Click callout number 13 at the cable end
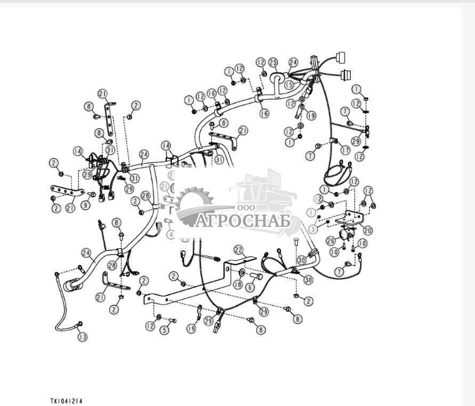82,337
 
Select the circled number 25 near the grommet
273,62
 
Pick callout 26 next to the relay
331,241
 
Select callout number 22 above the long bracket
238,250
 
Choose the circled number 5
165,330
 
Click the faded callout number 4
171,235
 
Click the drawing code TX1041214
67,400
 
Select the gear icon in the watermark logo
194,205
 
